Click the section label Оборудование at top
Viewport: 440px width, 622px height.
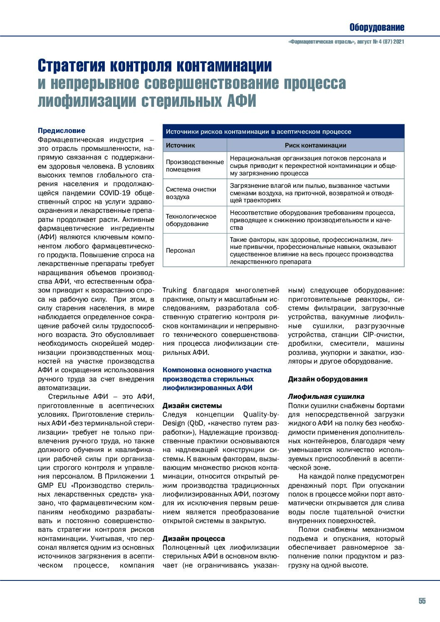(376, 27)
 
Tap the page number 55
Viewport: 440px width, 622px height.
(422, 601)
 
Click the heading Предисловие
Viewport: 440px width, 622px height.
(61, 130)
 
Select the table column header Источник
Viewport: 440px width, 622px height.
(180, 145)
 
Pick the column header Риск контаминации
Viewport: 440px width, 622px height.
(315, 145)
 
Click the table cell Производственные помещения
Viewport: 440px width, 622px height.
(195, 165)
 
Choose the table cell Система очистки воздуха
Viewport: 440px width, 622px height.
(191, 193)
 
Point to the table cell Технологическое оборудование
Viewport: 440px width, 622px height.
(191, 220)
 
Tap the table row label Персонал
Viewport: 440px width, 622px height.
(180, 250)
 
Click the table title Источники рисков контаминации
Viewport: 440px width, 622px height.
(258, 131)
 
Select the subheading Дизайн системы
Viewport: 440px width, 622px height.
(192, 406)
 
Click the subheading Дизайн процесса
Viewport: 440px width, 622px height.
(193, 538)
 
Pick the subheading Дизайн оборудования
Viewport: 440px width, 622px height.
(328, 379)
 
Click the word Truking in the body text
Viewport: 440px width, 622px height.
(174, 290)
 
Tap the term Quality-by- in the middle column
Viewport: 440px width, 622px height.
(261, 414)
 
